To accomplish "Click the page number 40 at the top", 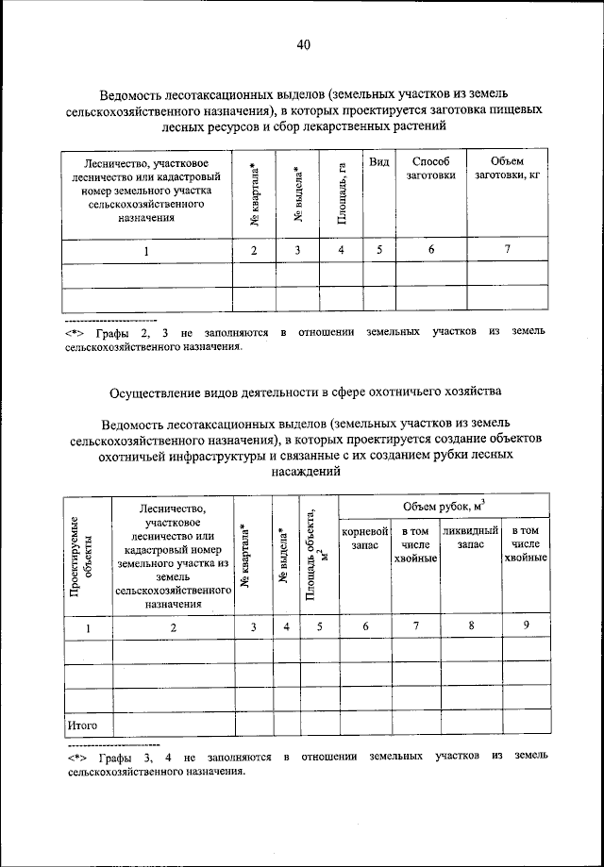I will click(302, 44).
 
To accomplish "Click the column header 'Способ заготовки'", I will click(430, 169).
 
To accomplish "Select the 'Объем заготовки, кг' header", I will click(506, 169).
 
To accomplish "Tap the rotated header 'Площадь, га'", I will click(342, 194).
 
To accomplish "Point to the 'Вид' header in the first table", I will click(379, 162).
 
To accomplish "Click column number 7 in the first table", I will click(507, 250).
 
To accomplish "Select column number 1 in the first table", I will click(146, 251).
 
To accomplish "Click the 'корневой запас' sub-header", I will click(364, 539).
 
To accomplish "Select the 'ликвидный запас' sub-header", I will click(469, 539).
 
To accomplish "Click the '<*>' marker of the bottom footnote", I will click(75, 758).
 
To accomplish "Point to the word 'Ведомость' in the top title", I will click(139, 92).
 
